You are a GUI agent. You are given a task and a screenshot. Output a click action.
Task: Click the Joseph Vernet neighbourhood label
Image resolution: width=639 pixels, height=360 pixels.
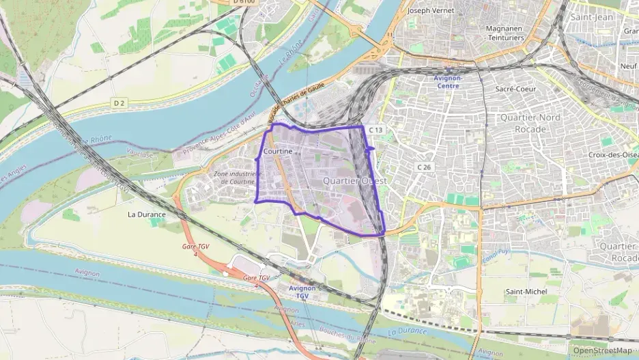point(430,11)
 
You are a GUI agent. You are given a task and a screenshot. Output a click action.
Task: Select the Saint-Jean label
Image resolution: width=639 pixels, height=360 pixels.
point(592,16)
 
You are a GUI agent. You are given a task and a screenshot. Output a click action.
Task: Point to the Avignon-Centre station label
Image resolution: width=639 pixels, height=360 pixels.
point(449,82)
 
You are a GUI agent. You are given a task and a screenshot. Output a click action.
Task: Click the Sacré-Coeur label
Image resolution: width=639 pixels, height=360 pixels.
point(515,89)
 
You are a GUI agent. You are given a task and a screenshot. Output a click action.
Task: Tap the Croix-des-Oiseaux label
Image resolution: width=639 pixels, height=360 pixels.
point(612,155)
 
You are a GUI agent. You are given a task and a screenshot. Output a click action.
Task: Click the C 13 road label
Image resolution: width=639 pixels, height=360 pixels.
point(376,130)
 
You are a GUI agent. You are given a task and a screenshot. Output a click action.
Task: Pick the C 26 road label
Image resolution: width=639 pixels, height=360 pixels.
point(424,167)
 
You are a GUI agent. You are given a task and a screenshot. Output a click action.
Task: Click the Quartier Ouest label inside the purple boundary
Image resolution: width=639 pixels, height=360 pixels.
point(354,181)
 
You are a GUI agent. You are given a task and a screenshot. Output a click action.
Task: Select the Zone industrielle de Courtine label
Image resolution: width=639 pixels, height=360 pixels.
point(238,178)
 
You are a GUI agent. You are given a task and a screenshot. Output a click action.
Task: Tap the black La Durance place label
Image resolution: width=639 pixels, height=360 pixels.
point(147,214)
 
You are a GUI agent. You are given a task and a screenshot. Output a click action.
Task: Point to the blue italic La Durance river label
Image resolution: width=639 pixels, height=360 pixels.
point(406,331)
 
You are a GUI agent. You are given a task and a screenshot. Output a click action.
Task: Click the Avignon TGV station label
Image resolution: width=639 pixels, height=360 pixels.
point(302,292)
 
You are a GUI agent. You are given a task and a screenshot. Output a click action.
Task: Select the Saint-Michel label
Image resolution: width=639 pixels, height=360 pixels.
point(526,292)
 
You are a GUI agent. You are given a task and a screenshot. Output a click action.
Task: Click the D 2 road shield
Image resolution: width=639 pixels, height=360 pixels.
point(119,103)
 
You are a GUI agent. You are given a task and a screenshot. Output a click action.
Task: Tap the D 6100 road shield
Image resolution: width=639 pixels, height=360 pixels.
point(243,2)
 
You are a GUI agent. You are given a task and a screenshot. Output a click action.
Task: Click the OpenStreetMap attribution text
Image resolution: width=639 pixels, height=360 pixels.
point(602,350)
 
